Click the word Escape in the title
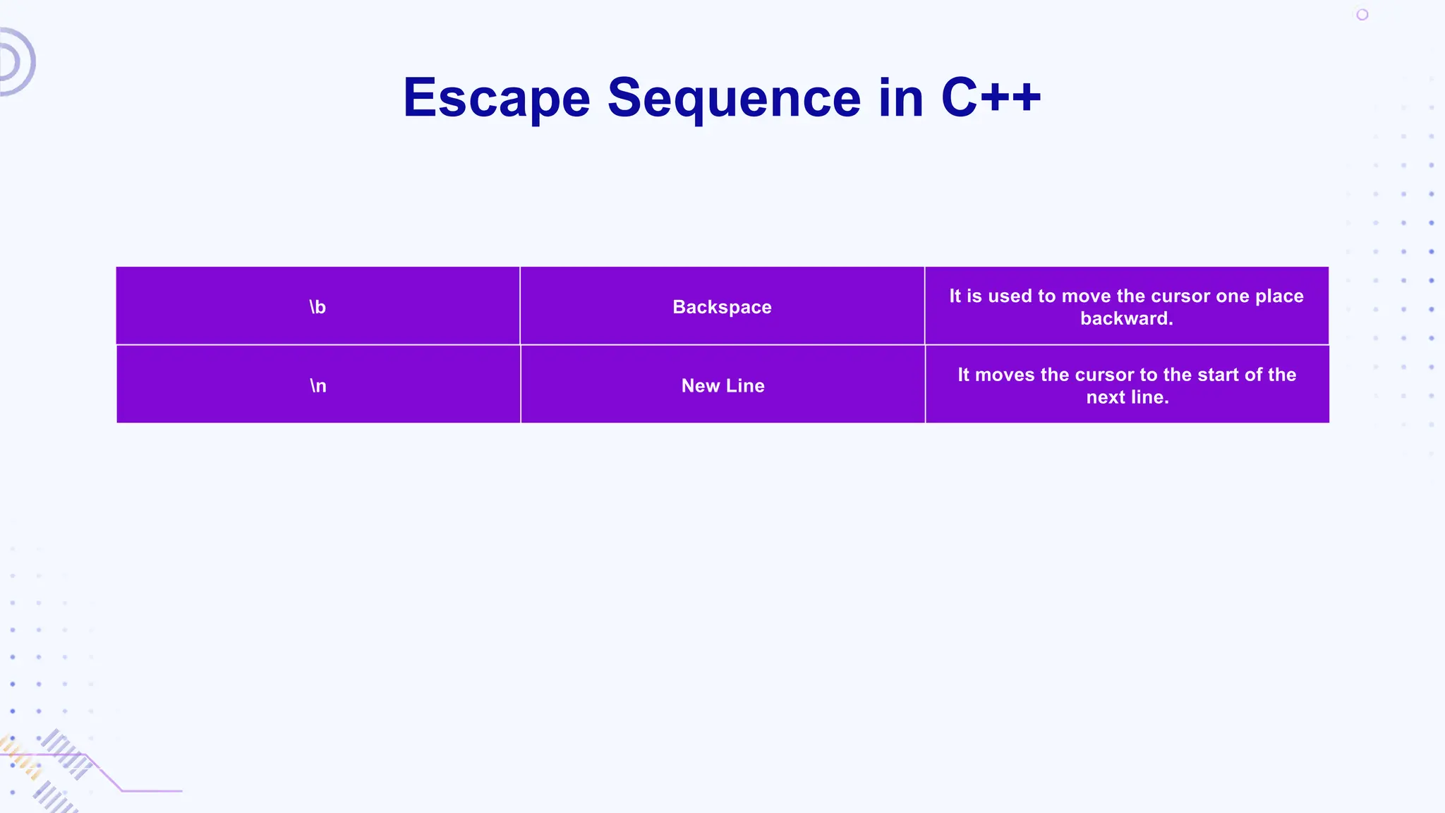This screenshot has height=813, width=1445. [496, 97]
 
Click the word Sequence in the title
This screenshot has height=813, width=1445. [734, 97]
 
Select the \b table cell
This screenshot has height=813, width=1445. [318, 307]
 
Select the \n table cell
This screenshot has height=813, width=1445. [318, 385]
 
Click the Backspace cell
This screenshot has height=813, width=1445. [722, 307]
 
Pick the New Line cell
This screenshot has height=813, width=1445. [722, 385]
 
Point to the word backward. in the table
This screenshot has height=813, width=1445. [1126, 318]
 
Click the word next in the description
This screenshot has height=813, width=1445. [1106, 397]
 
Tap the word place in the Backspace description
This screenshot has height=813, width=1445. [1279, 296]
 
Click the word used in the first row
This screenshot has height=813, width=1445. [1010, 296]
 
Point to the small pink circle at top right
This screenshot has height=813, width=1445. [1362, 15]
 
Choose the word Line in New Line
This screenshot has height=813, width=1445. [745, 385]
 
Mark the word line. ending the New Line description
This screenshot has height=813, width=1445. [1149, 397]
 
